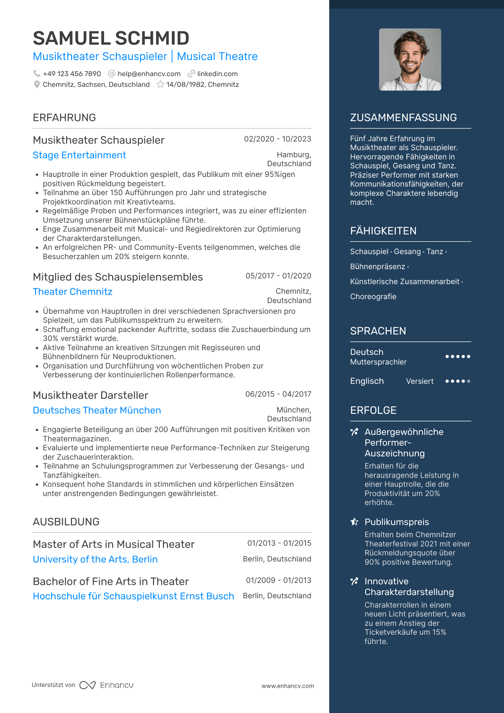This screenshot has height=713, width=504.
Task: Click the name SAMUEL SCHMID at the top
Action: coord(111,38)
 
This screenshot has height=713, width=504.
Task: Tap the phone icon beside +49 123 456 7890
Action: coord(37,74)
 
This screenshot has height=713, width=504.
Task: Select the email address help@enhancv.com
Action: coord(149,74)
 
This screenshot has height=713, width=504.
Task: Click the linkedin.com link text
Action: coord(217,74)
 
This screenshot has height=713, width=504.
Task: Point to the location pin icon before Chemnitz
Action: coord(37,85)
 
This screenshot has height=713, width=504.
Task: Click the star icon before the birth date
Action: coord(160,85)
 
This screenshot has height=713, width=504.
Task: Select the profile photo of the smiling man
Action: coord(410,60)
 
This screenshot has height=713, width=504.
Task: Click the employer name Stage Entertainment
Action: coord(79,155)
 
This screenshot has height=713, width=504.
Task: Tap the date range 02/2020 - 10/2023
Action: coord(277,139)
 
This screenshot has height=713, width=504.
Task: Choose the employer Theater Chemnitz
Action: coord(73,292)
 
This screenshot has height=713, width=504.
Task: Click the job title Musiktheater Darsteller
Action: coord(90,395)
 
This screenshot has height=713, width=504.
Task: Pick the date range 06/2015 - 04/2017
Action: coord(278,394)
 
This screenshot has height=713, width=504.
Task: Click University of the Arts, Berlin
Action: coord(95,559)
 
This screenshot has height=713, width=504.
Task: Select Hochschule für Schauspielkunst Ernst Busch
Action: coord(133,596)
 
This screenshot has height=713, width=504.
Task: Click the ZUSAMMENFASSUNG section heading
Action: coord(403,118)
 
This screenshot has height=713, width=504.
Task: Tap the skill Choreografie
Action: coord(373,297)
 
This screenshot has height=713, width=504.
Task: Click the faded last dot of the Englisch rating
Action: coord(469,381)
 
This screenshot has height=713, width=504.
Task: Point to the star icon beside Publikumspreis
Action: coord(354,522)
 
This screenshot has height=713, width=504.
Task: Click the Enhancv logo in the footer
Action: coord(107,685)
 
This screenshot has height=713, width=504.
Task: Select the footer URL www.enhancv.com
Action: coord(288,686)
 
